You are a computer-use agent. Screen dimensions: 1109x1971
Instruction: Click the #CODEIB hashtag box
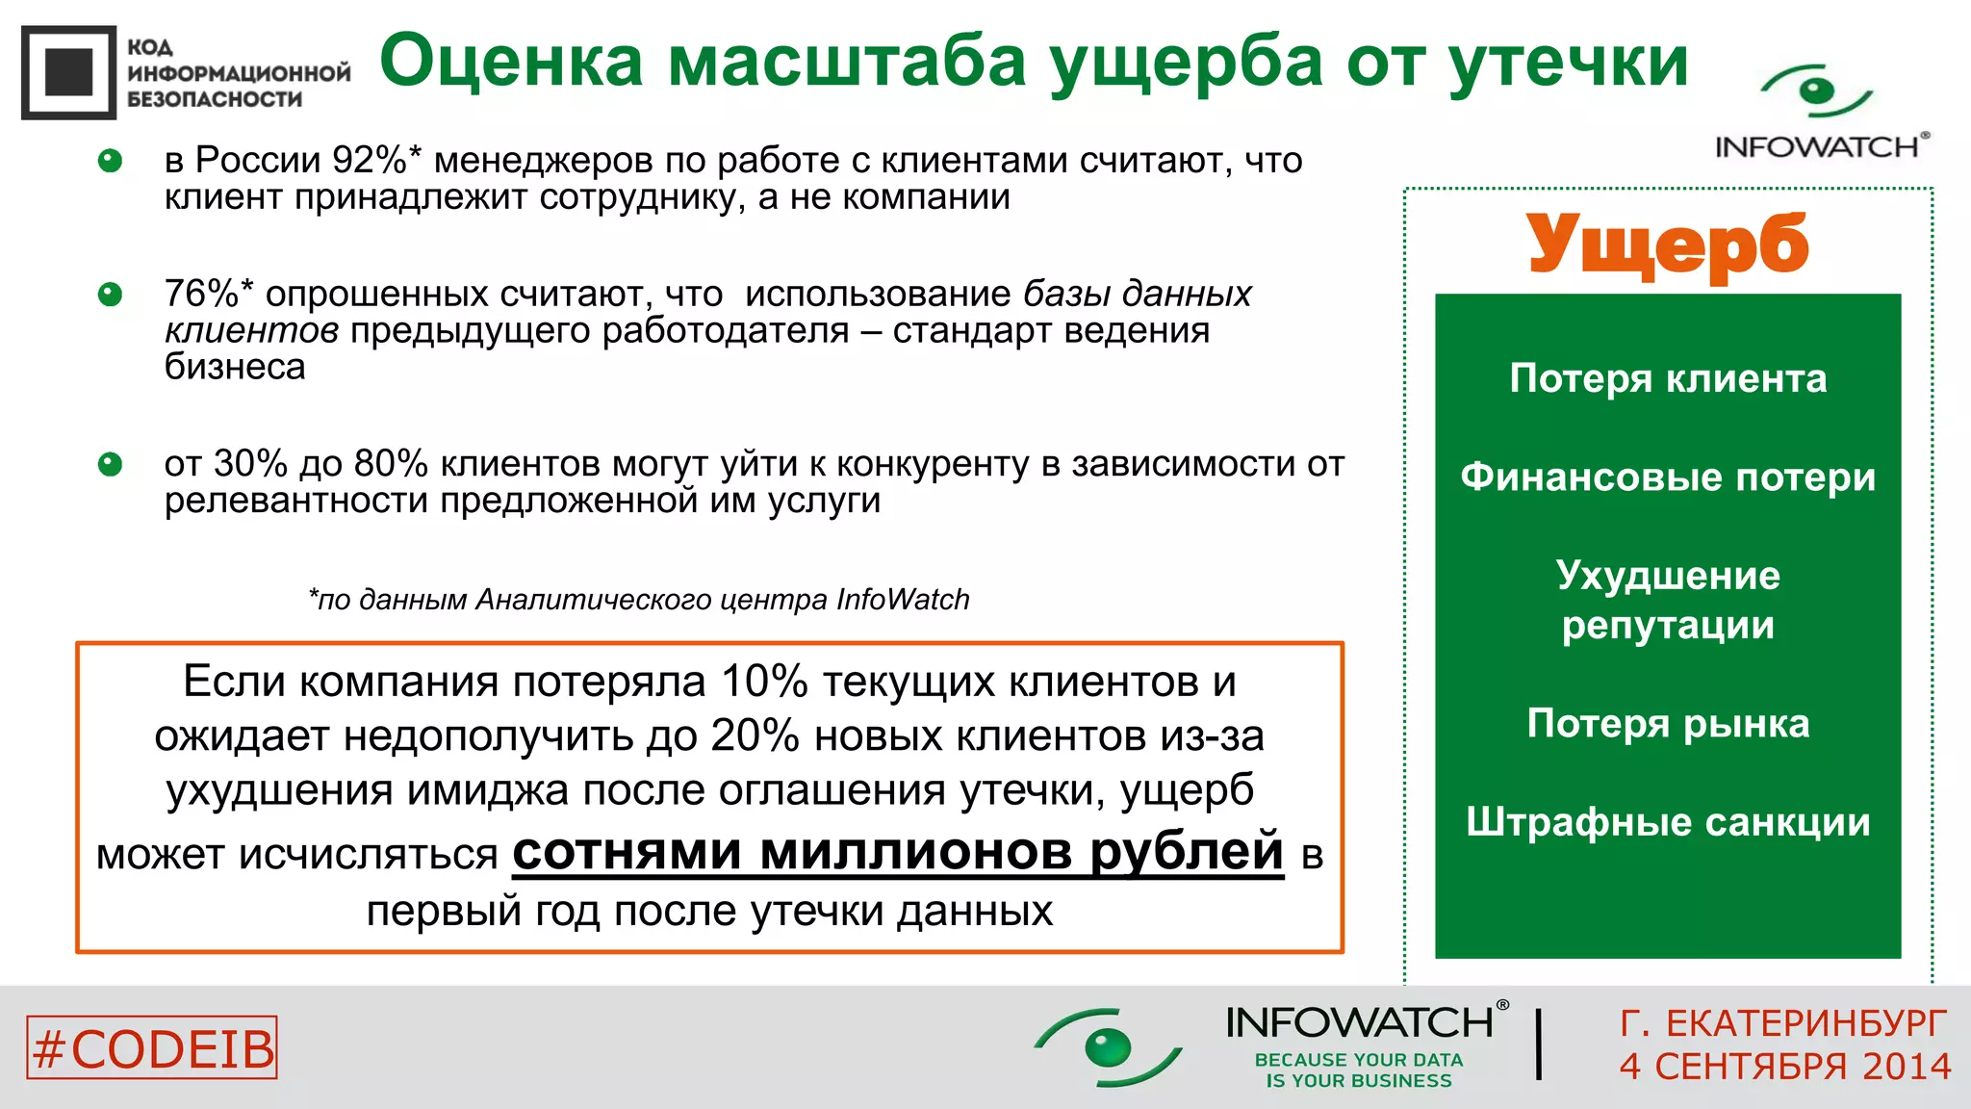152,1047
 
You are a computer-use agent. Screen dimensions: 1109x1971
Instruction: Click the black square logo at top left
68,72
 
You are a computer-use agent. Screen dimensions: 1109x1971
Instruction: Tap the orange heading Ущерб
1667,245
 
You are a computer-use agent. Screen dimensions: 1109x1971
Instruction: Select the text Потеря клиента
1667,378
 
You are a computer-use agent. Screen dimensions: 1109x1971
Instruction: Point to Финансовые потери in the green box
1667,477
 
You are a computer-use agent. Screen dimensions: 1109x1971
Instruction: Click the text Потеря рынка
1667,723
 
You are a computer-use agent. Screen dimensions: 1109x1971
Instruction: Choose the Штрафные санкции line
1667,822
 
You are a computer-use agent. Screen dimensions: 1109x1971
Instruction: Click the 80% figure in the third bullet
390,464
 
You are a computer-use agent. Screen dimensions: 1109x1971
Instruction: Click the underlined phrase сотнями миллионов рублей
897,852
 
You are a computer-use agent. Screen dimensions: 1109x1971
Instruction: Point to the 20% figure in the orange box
754,736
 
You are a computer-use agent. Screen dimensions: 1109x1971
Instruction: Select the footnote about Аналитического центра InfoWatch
638,600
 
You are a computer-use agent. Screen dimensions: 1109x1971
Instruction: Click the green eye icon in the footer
1107,1046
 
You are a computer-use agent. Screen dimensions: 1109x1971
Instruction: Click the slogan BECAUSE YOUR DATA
1358,1060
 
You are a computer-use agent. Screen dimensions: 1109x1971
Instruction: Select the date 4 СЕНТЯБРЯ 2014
1784,1067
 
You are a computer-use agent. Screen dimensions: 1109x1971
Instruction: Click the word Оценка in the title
511,62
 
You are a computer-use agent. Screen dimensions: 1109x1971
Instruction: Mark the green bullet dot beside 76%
111,294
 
